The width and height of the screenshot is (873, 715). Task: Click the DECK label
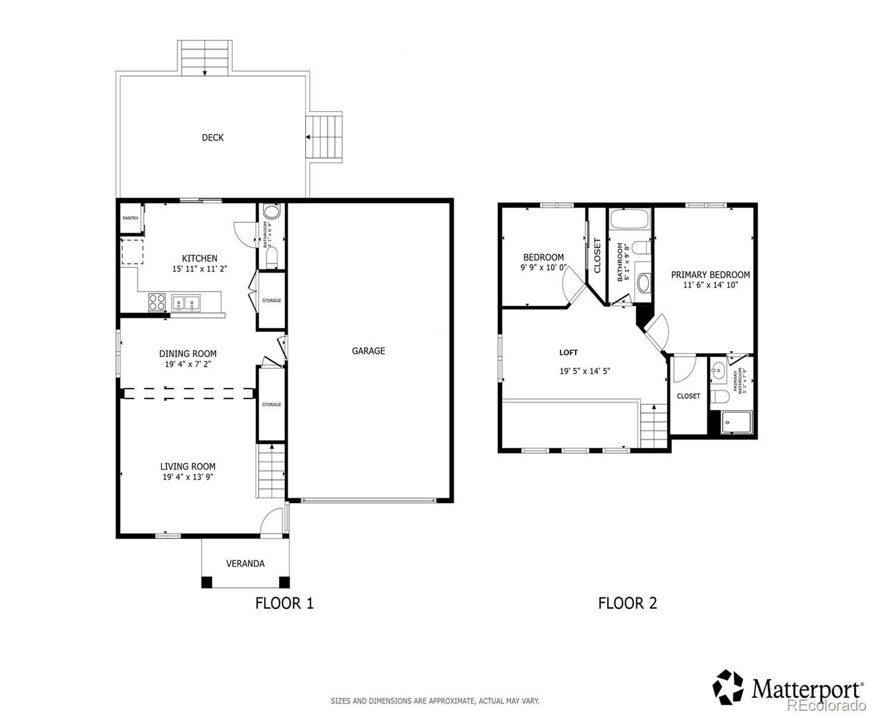point(212,138)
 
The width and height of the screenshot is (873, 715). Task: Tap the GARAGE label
point(368,351)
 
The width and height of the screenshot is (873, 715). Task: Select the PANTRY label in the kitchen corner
point(131,218)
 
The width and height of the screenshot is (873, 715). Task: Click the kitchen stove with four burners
point(157,302)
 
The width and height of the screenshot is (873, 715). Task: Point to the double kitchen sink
point(186,303)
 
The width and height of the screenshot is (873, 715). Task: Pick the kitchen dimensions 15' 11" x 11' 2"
point(200,269)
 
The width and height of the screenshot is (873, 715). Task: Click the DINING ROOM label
point(188,353)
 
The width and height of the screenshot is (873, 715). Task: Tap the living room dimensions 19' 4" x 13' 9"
point(188,477)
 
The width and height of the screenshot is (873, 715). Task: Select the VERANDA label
point(245,564)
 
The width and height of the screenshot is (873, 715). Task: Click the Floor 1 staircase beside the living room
point(271,471)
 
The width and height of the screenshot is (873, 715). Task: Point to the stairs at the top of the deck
point(204,58)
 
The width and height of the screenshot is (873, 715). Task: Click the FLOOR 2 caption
point(627,603)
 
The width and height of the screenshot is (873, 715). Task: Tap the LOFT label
point(568,353)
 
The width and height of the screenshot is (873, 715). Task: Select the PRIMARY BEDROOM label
point(710,275)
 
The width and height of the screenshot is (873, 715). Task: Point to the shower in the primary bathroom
point(736,422)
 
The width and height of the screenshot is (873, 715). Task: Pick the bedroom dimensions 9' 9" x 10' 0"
point(543,268)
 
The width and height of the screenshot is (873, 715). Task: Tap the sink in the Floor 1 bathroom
point(272,212)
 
